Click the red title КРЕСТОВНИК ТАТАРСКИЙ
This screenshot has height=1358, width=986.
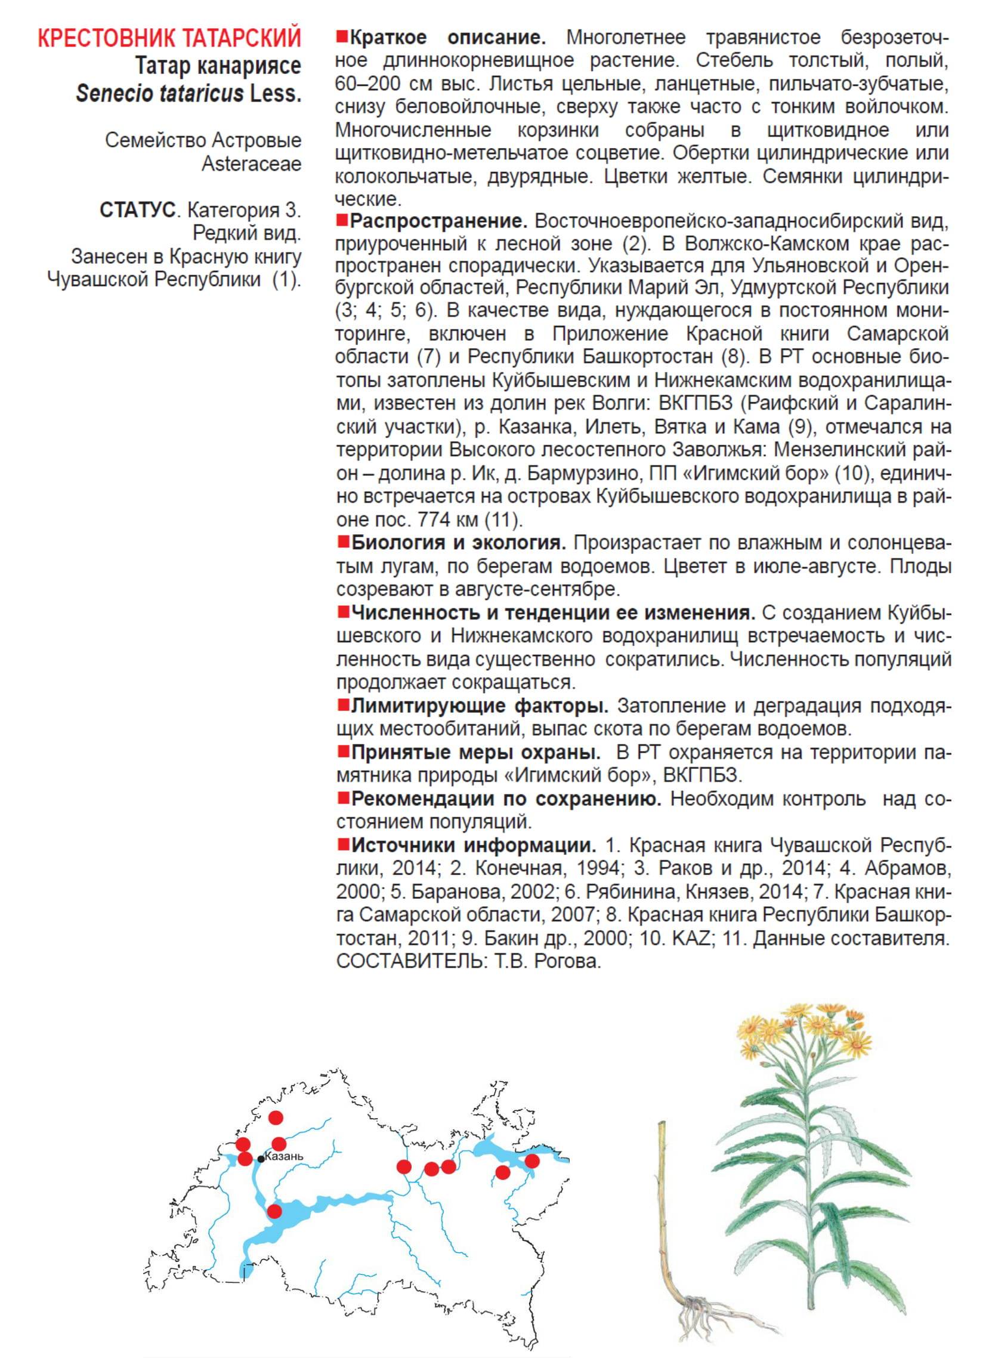pyautogui.click(x=169, y=38)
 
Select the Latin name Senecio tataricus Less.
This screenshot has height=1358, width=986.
pyautogui.click(x=188, y=94)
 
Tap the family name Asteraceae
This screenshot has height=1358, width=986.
pyautogui.click(x=251, y=164)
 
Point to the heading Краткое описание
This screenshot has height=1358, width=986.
pyautogui.click(x=447, y=38)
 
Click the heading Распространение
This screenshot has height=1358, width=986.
pyautogui.click(x=438, y=221)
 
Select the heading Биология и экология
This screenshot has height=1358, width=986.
pyautogui.click(x=458, y=543)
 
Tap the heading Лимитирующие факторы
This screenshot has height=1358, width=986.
pyautogui.click(x=479, y=706)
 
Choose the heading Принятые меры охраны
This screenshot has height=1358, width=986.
pyautogui.click(x=475, y=752)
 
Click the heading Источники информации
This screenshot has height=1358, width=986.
pyautogui.click(x=473, y=846)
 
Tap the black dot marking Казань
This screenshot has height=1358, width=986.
pyautogui.click(x=261, y=1160)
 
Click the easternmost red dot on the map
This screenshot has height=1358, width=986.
pyautogui.click(x=532, y=1161)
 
